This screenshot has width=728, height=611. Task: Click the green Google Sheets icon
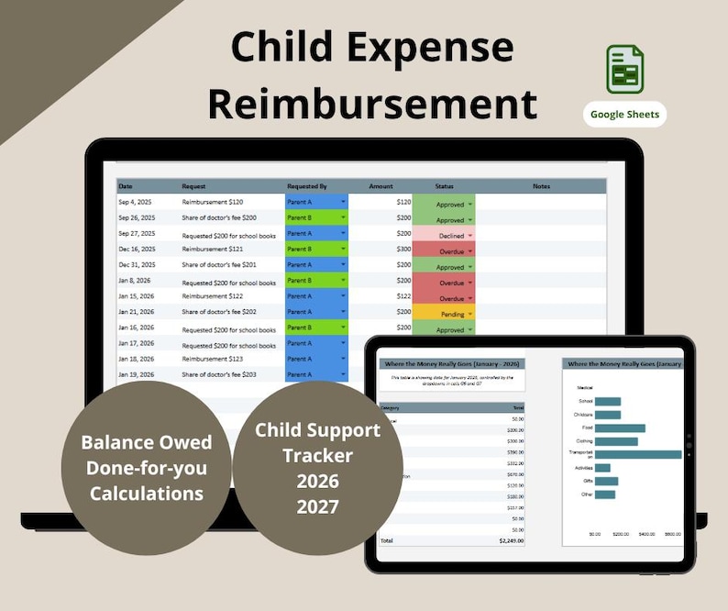click(x=624, y=69)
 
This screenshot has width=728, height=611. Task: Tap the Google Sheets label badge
click(x=624, y=115)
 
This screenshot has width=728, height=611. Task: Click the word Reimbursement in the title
click(x=371, y=103)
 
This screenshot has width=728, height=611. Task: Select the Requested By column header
click(x=306, y=186)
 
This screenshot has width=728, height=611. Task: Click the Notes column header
click(x=541, y=186)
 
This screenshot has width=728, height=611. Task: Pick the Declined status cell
click(x=444, y=235)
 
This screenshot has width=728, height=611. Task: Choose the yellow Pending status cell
click(x=444, y=313)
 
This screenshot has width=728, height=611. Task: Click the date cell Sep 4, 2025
click(x=137, y=203)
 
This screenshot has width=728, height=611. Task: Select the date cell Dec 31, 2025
click(x=137, y=264)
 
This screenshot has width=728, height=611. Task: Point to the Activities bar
click(x=602, y=467)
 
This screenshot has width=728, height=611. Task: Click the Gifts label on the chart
click(x=588, y=481)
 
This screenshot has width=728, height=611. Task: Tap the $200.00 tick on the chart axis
click(x=621, y=533)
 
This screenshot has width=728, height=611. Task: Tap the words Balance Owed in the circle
click(x=147, y=442)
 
